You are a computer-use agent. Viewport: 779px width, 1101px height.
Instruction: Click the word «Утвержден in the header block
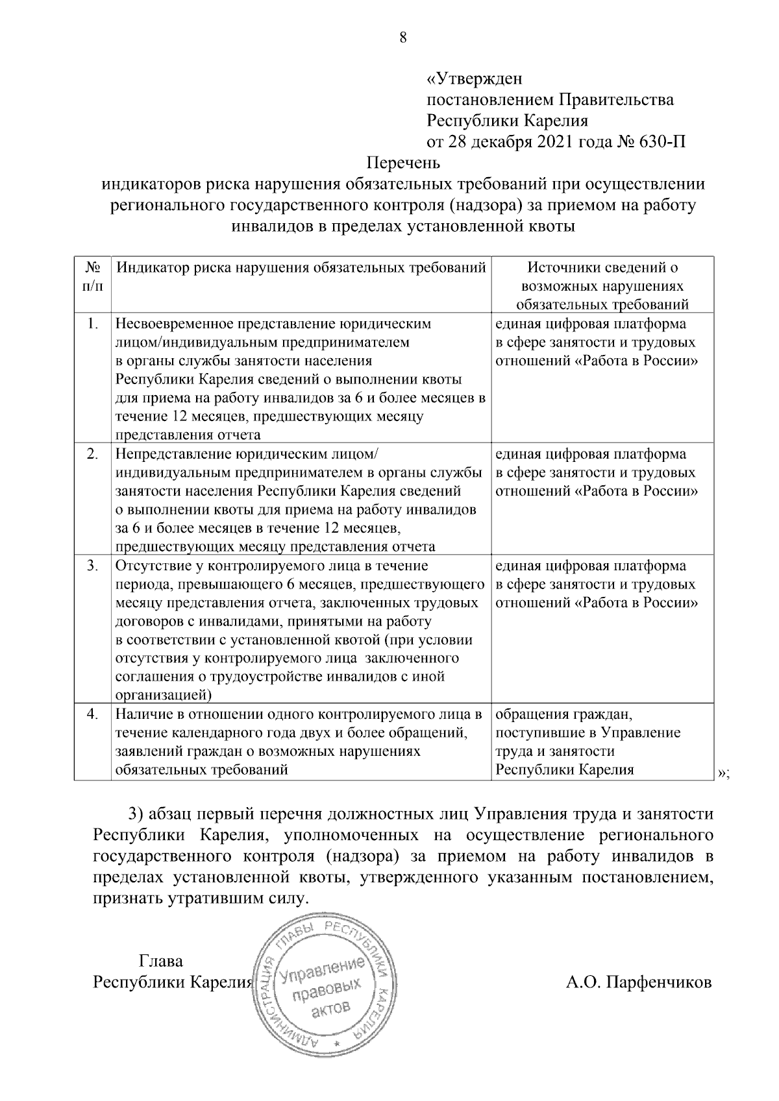pos(474,79)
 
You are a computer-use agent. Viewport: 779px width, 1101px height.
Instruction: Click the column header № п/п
pos(93,276)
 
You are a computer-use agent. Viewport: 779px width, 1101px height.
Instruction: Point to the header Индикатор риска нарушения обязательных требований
pos(301,268)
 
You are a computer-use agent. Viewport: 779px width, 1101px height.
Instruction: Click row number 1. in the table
pos(93,324)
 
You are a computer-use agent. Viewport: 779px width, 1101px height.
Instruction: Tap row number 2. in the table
pos(93,454)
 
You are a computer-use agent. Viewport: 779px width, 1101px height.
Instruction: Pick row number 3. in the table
pos(93,566)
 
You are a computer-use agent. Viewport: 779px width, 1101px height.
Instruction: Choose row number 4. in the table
pos(93,715)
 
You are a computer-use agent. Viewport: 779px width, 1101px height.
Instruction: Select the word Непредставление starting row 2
pos(169,454)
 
